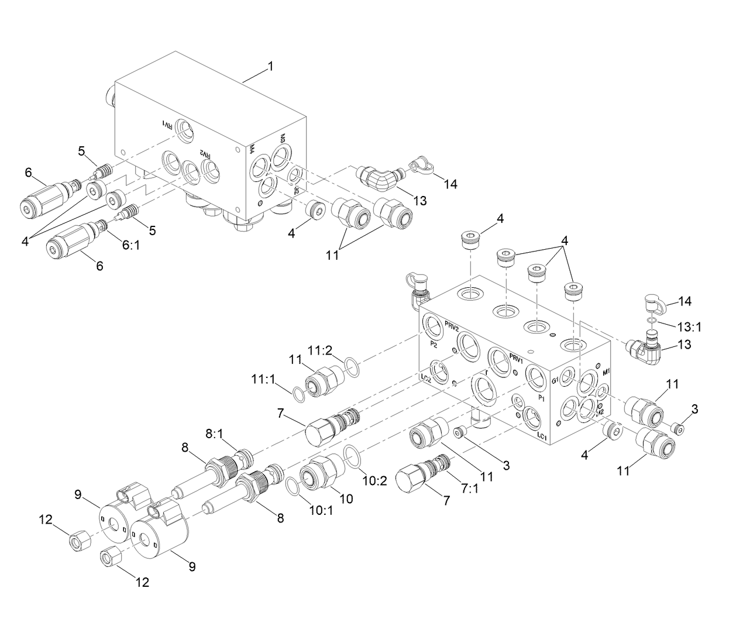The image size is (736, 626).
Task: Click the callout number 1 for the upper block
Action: coord(270,67)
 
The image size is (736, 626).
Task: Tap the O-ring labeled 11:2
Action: coord(349,366)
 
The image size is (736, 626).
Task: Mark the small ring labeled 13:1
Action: coord(652,321)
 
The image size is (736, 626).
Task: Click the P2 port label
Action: coord(434,344)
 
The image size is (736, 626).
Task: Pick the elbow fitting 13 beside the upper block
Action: coord(378,177)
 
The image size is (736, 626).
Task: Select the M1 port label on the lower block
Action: coord(606,372)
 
